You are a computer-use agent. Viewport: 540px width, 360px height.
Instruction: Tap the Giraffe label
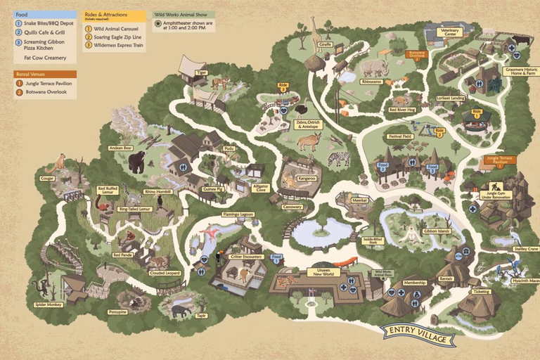pyautogui.click(x=325, y=44)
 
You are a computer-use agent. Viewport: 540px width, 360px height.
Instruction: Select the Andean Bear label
pyautogui.click(x=120, y=148)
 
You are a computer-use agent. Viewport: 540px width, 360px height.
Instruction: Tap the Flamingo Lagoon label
pyautogui.click(x=238, y=214)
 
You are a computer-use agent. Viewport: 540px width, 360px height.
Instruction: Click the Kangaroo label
pyautogui.click(x=307, y=179)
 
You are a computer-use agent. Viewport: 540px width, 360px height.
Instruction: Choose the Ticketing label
pyautogui.click(x=481, y=291)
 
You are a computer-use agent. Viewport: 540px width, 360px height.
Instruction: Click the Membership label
pyautogui.click(x=415, y=283)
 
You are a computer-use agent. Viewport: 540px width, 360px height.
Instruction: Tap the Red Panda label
pyautogui.click(x=122, y=255)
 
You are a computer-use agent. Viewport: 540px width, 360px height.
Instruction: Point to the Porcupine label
pyautogui.click(x=118, y=311)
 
